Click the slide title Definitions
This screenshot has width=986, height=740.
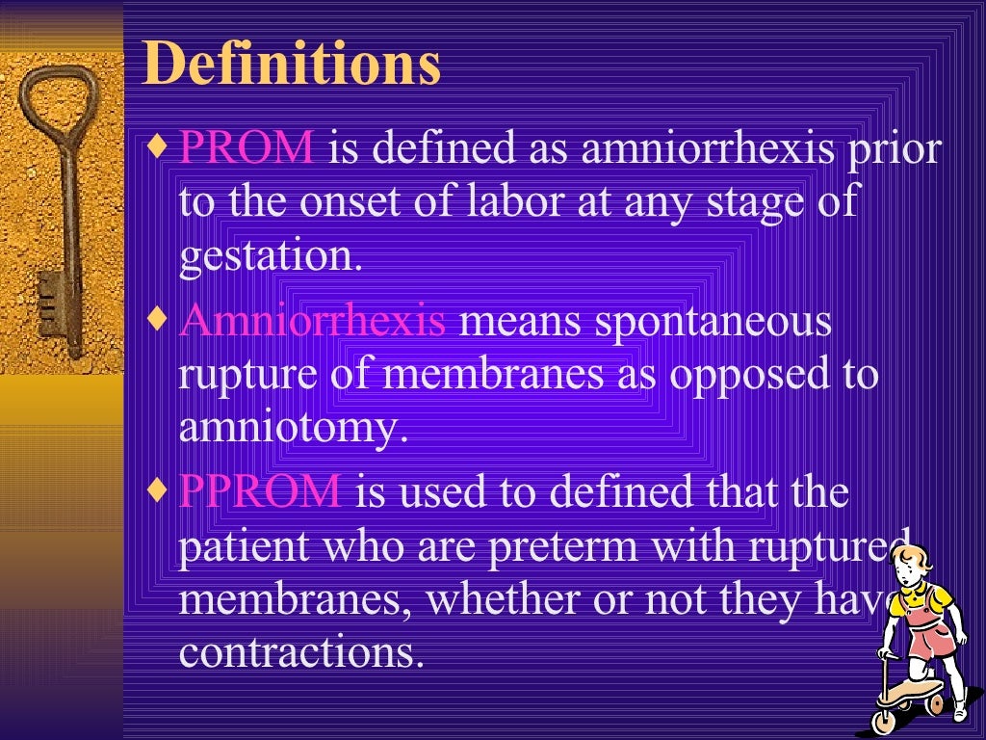click(x=292, y=64)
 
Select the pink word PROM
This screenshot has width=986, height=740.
click(x=246, y=149)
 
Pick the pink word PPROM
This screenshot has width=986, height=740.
click(x=260, y=491)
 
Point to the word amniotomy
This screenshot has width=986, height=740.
click(x=288, y=428)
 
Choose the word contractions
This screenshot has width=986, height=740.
click(x=301, y=652)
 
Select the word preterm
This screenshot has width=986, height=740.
click(x=563, y=546)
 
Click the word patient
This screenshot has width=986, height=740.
click(x=243, y=546)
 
